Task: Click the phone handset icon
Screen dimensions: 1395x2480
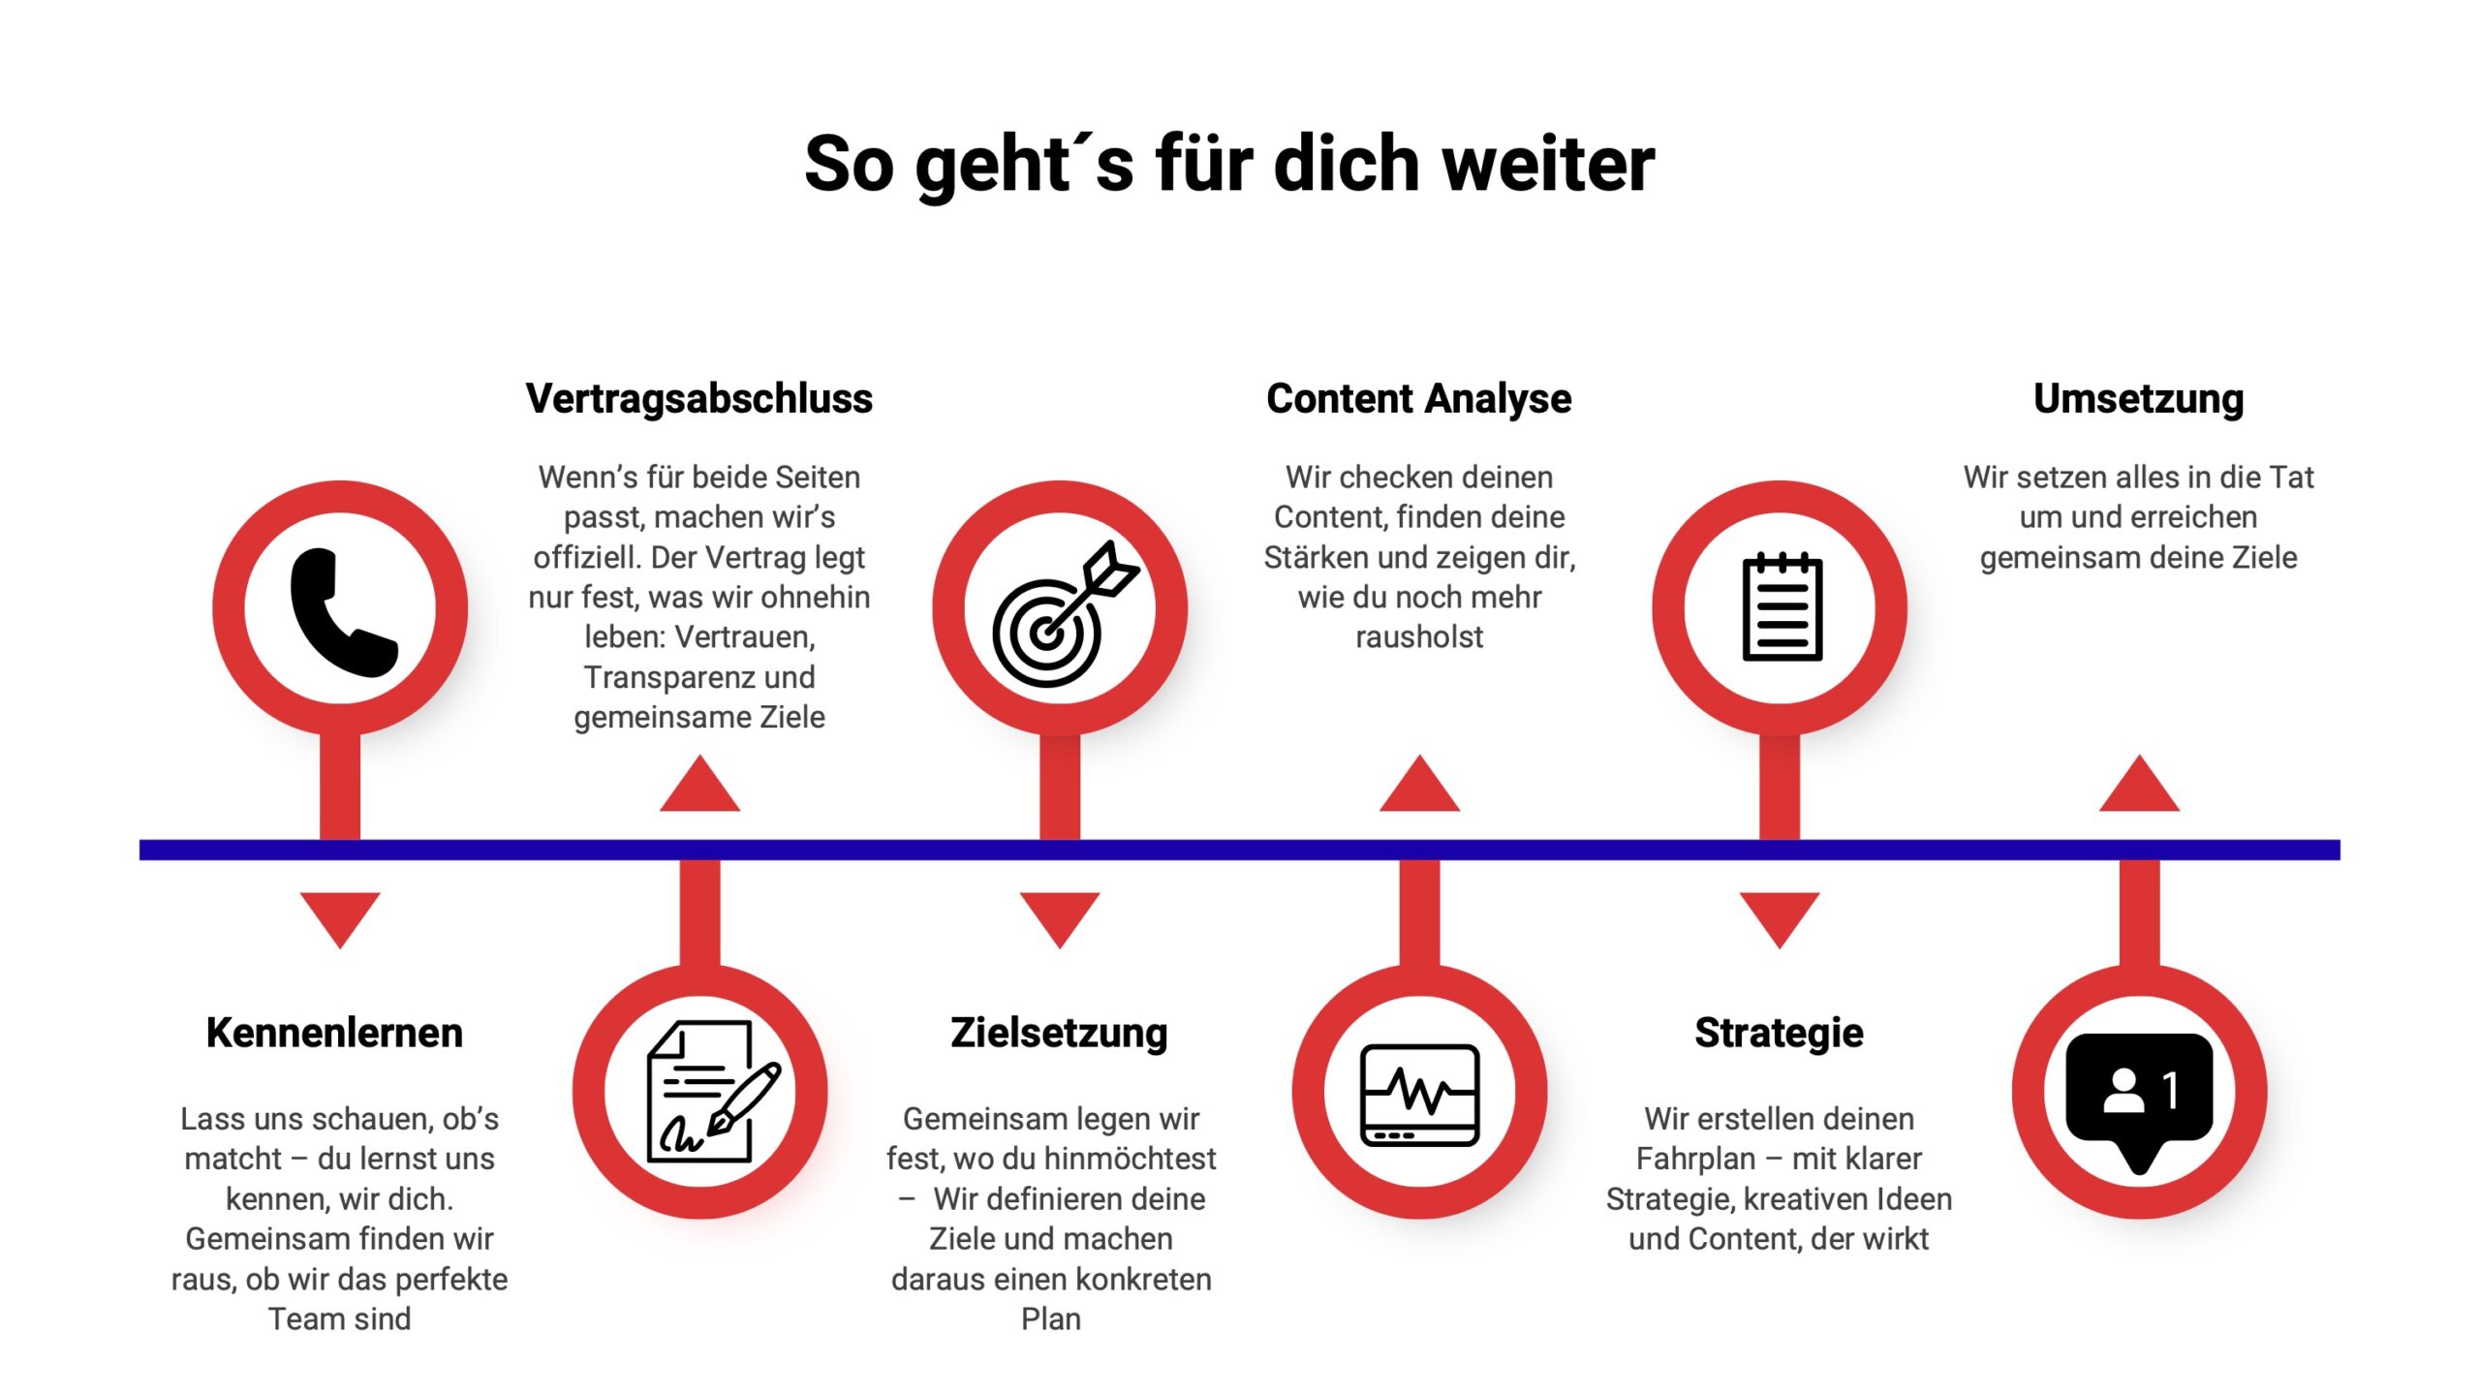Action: point(341,611)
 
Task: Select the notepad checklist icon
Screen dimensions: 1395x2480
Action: point(1781,608)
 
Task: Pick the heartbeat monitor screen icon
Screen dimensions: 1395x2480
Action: point(1419,1094)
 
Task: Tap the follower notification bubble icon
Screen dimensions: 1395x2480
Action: point(2139,1095)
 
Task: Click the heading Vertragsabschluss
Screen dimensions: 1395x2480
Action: point(698,399)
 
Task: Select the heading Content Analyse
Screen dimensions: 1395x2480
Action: point(1418,399)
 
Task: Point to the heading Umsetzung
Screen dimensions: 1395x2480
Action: point(2138,399)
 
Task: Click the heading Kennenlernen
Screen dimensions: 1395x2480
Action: point(334,1033)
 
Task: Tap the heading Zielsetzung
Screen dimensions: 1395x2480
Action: point(1059,1033)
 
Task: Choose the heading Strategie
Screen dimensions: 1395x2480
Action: point(1779,1033)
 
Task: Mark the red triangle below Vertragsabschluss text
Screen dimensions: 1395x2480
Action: point(699,788)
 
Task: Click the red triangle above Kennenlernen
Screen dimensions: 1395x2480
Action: point(340,916)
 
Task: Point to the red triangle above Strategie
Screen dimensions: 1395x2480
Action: point(1780,916)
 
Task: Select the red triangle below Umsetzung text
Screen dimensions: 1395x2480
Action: point(2139,788)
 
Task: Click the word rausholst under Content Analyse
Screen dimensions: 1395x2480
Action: point(1418,637)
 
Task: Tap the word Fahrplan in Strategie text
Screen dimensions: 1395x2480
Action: point(1695,1159)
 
